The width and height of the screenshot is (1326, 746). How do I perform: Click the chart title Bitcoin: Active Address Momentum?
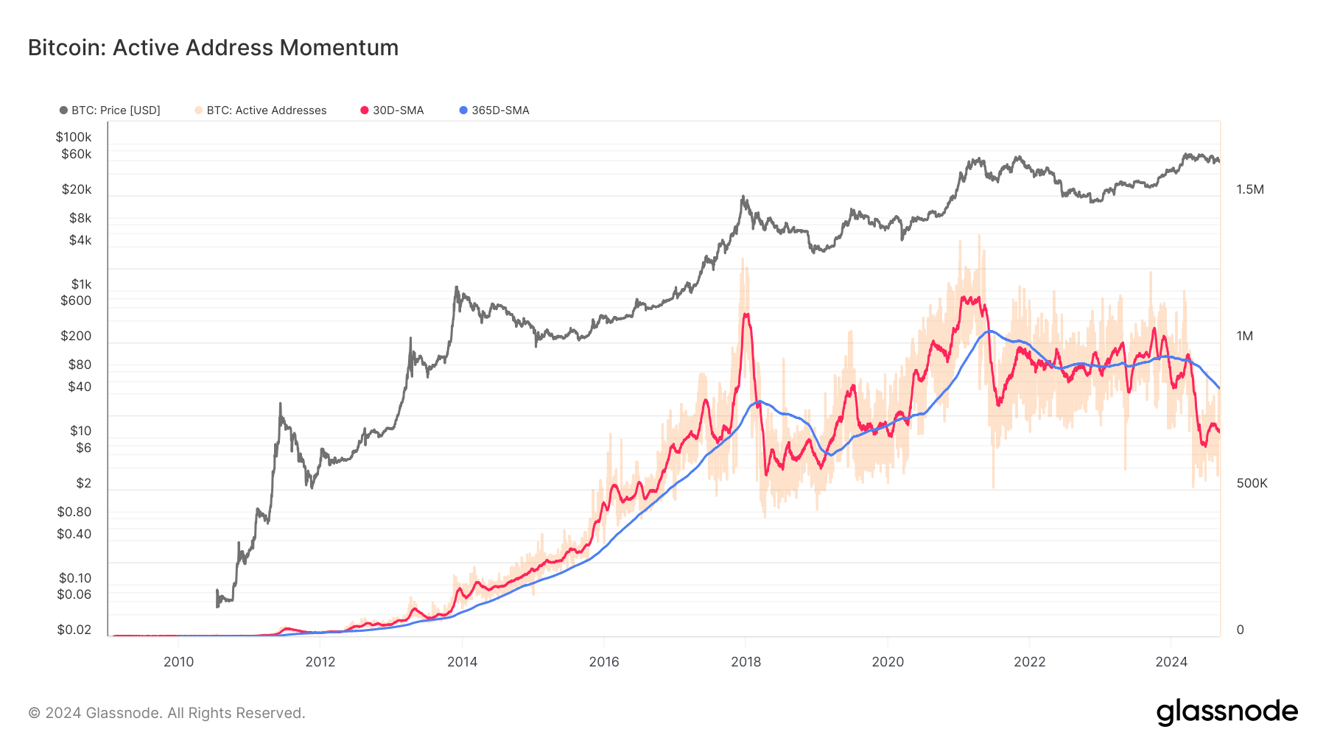point(213,48)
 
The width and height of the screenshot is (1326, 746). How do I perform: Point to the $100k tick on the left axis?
point(74,137)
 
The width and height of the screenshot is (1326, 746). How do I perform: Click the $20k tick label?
point(77,189)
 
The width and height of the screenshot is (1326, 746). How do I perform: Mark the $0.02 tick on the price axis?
point(74,630)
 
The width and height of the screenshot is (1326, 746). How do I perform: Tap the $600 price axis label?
point(76,300)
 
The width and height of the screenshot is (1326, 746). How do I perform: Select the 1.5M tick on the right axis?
point(1249,189)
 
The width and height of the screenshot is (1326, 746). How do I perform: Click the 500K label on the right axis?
point(1252,483)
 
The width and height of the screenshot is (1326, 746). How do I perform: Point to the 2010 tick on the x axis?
point(178,661)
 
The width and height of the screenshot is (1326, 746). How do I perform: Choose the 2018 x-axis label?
point(746,661)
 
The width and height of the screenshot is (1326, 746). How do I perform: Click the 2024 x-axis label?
point(1171,661)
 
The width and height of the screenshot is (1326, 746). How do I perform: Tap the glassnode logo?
point(1227,712)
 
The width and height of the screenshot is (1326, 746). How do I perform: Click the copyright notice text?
point(166,713)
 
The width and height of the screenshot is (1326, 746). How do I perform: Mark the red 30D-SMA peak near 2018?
point(746,314)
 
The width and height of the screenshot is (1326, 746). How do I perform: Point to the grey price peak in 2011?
point(281,404)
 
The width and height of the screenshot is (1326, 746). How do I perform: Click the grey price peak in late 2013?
point(457,288)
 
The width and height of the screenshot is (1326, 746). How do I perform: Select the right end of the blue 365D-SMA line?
point(1219,388)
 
